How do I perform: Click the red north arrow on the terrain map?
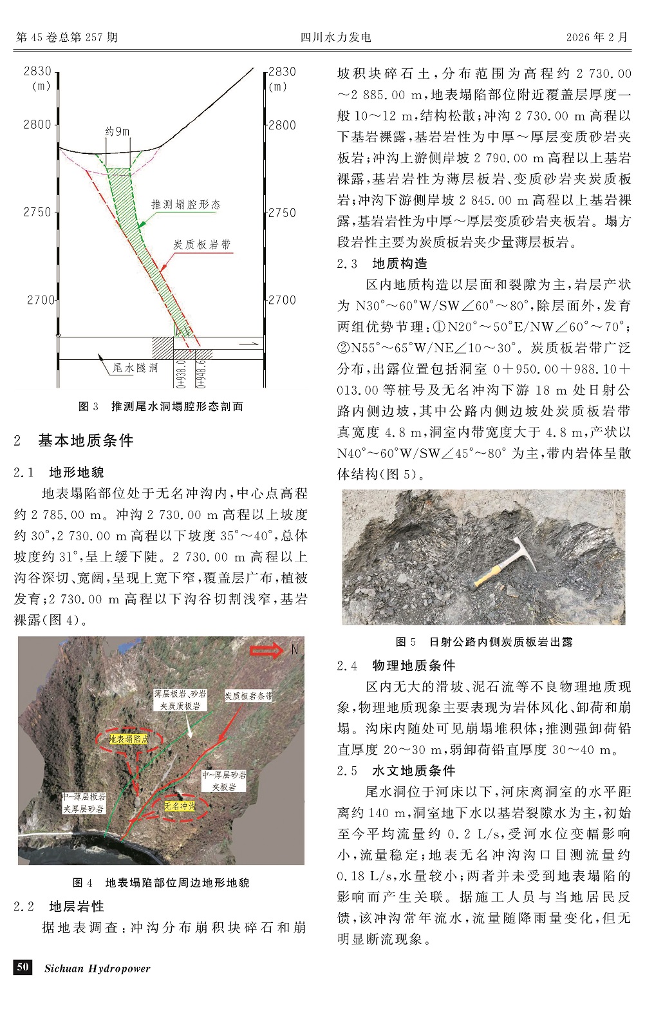click(266, 650)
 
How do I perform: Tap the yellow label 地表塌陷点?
click(129, 739)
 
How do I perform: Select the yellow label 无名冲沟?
click(180, 806)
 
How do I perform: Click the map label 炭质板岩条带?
click(248, 696)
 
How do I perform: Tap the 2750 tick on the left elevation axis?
click(37, 213)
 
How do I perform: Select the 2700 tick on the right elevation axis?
click(282, 300)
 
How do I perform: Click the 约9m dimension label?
click(117, 131)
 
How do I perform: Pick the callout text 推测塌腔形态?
click(186, 205)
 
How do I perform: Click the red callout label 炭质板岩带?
click(202, 245)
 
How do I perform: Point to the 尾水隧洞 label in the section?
click(135, 368)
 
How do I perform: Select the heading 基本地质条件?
click(86, 441)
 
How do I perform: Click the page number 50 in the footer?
click(23, 967)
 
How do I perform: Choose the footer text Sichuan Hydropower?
click(97, 968)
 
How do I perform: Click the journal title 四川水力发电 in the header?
click(336, 37)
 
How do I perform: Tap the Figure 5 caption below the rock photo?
click(483, 642)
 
